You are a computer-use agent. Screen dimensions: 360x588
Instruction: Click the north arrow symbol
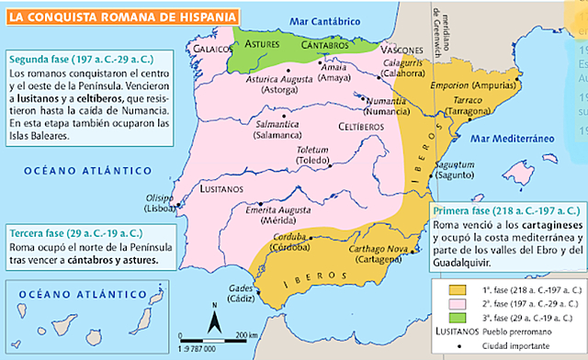pos(213,321)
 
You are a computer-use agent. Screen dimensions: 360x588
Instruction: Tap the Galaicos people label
pos(209,47)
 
